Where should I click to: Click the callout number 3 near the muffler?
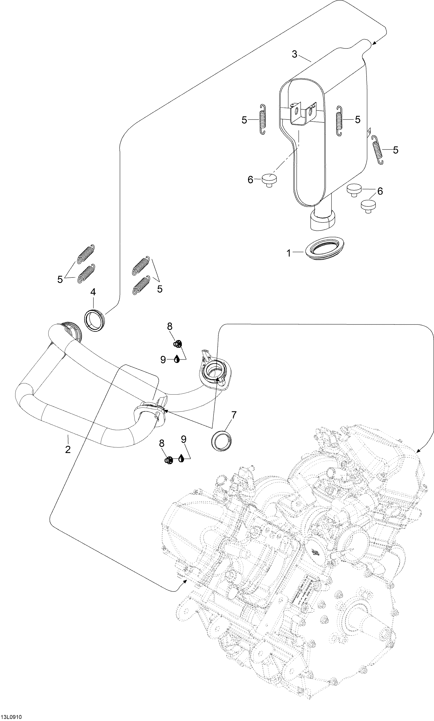coord(295,54)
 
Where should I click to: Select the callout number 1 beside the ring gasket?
coord(289,253)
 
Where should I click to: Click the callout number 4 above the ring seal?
coord(93,292)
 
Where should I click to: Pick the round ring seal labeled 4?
coord(94,320)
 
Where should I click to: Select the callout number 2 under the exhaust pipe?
coord(68,449)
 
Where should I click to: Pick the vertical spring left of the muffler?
coord(263,119)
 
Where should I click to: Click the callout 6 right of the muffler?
coord(380,191)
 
